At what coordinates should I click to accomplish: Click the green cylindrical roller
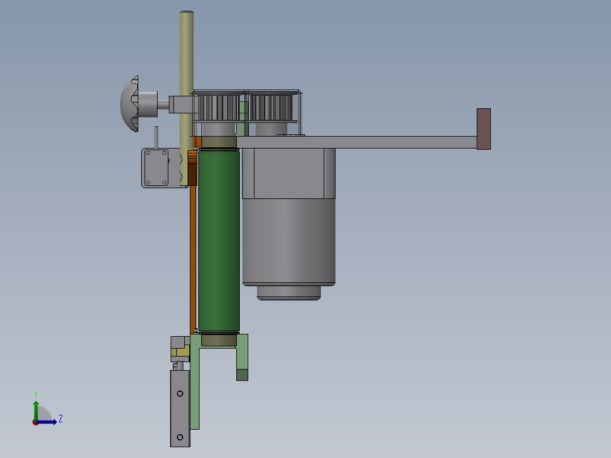point(219,241)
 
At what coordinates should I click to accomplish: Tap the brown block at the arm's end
point(483,129)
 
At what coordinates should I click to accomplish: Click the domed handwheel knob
point(130,104)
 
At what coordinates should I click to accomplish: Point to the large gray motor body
point(288,217)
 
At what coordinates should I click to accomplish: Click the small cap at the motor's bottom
point(288,293)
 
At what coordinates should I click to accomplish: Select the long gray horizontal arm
point(357,142)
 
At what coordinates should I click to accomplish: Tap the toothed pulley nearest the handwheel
point(218,107)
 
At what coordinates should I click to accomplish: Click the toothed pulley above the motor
point(271,107)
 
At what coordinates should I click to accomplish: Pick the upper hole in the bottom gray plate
point(180,394)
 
